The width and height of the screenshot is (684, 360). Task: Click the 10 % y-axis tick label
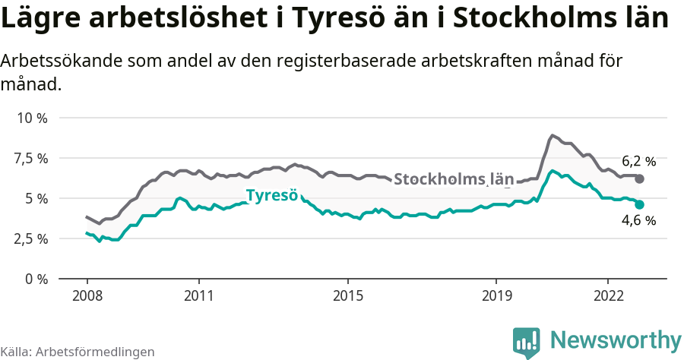point(32,118)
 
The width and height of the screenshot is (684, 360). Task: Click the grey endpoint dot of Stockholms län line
point(640,178)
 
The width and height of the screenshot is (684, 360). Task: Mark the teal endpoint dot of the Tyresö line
point(640,204)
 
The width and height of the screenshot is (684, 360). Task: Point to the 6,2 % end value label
point(638,161)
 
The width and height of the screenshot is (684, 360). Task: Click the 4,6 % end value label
point(638,221)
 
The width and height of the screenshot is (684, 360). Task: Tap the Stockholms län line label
point(454,180)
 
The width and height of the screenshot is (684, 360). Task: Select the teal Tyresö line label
point(271,195)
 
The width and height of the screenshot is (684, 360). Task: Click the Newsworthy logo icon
point(526,342)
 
